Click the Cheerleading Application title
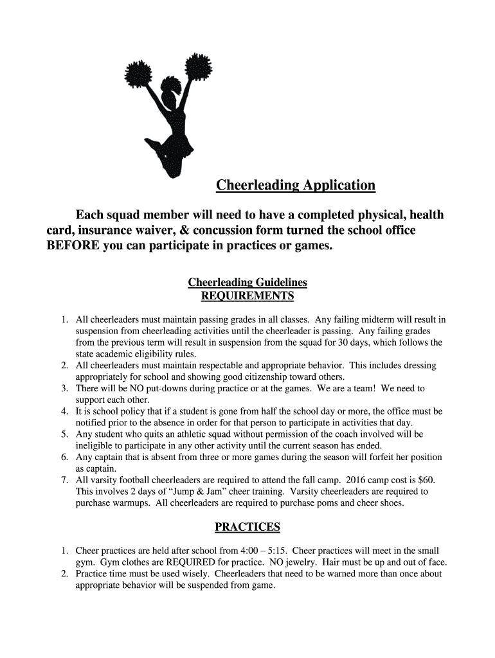coord(295,186)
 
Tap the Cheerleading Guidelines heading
coord(248,282)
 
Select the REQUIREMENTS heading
coord(248,296)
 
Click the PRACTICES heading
coord(248,527)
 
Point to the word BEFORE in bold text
coord(73,247)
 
